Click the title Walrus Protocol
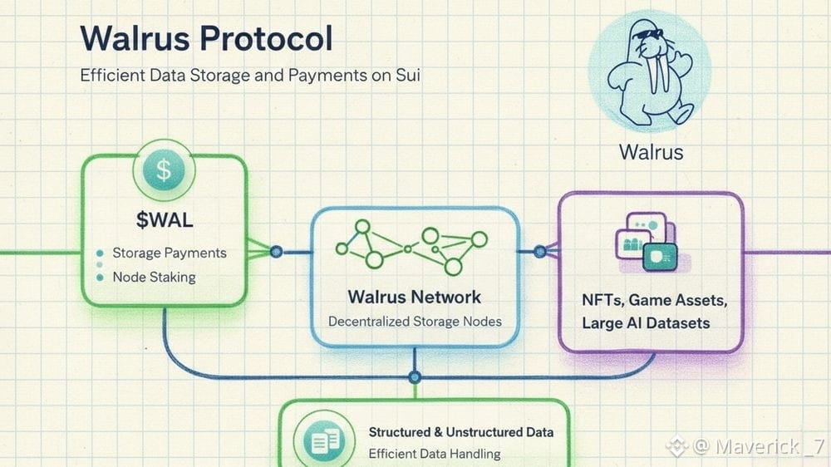[x=206, y=38]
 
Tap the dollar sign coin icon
[x=164, y=171]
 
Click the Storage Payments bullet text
[x=169, y=253]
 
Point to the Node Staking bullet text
[x=154, y=277]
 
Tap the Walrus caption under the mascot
[x=651, y=153]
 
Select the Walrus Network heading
[x=414, y=297]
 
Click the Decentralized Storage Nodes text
[x=415, y=321]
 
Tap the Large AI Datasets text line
[x=646, y=322]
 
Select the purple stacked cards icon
[x=647, y=242]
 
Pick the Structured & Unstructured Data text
[x=460, y=432]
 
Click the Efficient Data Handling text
[x=434, y=454]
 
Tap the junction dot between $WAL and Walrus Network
[x=276, y=251]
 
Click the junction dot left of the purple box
[x=539, y=251]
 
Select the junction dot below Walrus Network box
[x=415, y=377]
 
